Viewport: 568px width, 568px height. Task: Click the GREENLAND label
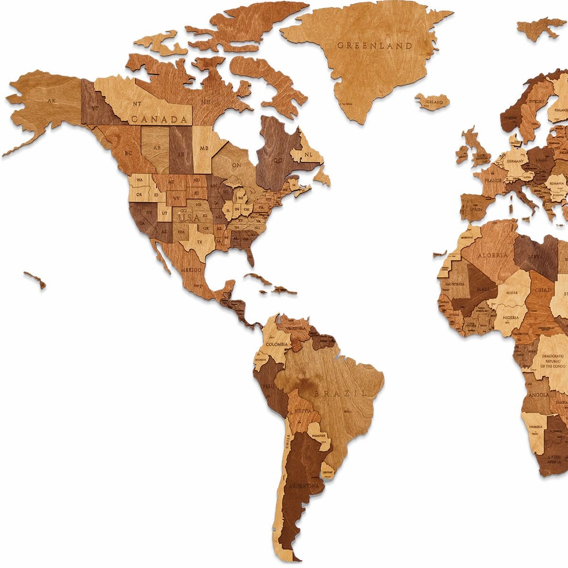tap(374, 46)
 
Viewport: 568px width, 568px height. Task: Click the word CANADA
tap(160, 119)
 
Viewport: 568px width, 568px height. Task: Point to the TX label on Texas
tap(199, 242)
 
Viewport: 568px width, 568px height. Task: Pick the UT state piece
tap(165, 213)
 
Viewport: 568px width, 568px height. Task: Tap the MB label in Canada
tap(204, 148)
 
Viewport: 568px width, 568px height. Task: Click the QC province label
tap(277, 160)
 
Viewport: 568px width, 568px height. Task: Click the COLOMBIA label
tap(276, 344)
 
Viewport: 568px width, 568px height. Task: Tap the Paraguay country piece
tap(317, 435)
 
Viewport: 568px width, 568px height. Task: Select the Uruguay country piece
tap(327, 472)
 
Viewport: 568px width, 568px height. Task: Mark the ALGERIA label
tap(492, 255)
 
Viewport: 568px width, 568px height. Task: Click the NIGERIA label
tap(511, 318)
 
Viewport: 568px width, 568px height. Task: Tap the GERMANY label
tap(515, 161)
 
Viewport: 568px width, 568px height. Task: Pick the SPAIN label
tap(475, 209)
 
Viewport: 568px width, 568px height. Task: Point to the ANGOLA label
tap(540, 395)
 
